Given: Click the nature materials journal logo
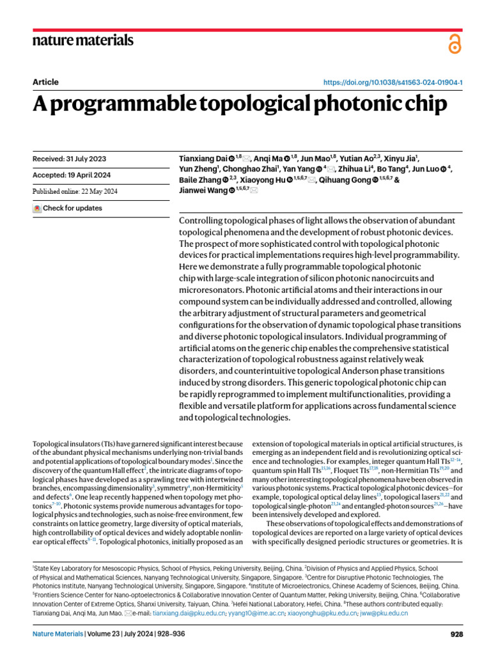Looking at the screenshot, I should click(x=83, y=40).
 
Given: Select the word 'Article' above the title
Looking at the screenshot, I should click(x=45, y=83).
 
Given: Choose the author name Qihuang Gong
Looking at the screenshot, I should click(x=344, y=180).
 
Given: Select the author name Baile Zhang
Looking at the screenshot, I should click(x=196, y=180).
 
